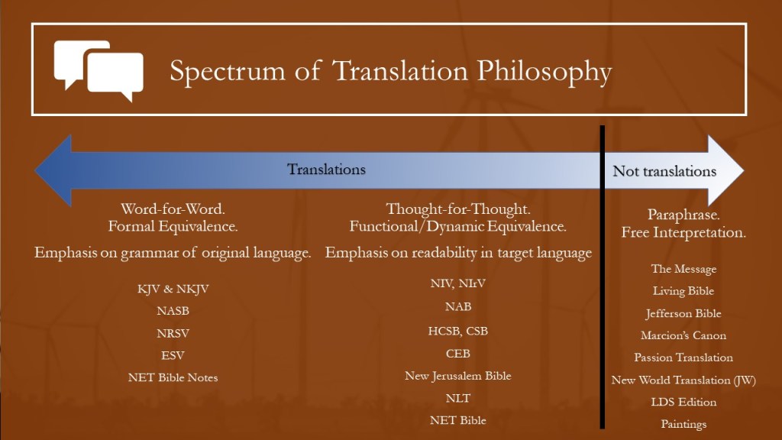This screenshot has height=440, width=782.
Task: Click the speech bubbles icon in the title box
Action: (99, 71)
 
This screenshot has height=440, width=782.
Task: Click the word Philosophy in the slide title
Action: (544, 72)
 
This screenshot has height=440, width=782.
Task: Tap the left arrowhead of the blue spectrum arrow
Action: (53, 170)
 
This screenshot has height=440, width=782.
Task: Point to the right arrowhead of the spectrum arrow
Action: (725, 170)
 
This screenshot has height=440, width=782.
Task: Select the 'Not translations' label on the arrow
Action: (664, 171)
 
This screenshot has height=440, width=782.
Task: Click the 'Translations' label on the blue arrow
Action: (326, 169)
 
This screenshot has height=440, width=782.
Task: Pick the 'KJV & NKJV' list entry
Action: (173, 289)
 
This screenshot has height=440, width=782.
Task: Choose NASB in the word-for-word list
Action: (173, 311)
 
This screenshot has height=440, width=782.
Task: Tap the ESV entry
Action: (173, 355)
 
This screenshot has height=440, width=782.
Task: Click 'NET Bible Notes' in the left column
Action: (173, 377)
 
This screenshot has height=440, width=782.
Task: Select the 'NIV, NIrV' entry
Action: (457, 284)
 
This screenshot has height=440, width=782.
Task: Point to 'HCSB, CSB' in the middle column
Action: (457, 331)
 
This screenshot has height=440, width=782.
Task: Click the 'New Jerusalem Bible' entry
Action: (457, 376)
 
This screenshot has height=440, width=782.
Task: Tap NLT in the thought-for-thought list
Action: (457, 398)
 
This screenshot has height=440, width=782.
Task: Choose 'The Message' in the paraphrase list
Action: (683, 269)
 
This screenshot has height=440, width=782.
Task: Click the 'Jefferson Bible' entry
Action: (683, 313)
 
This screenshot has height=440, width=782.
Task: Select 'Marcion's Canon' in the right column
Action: (683, 335)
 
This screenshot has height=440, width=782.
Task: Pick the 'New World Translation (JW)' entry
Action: (683, 380)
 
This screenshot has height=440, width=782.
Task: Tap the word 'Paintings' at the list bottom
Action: (683, 424)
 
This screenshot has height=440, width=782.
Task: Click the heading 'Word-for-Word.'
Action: (173, 209)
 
